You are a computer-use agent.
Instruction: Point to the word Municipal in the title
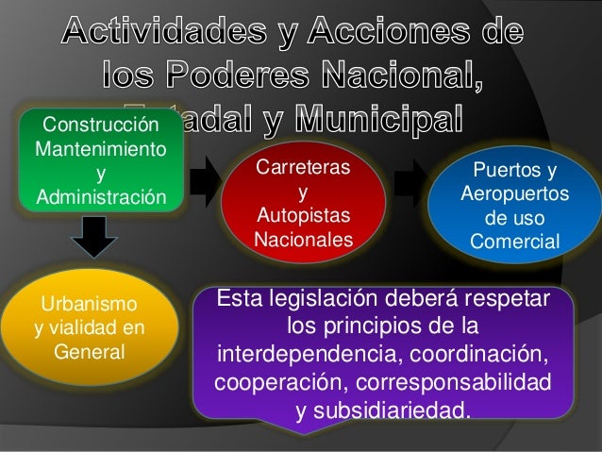[x=379, y=122]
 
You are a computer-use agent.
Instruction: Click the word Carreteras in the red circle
[x=302, y=168]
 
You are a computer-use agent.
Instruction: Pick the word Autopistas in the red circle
[x=302, y=217]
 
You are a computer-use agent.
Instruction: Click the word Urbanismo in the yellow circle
[x=88, y=305]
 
